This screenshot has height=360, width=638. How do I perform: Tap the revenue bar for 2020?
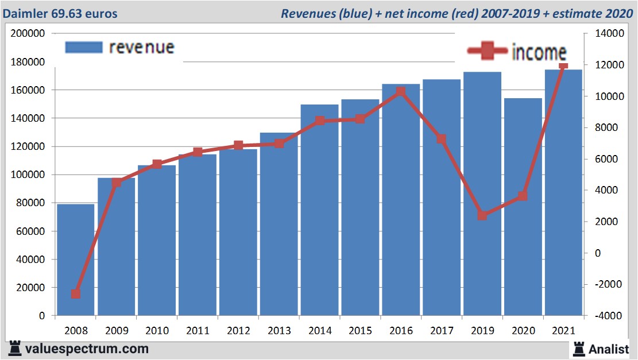click(523, 207)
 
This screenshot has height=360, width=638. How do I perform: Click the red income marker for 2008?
click(76, 294)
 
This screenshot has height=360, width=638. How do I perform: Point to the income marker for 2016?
click(401, 91)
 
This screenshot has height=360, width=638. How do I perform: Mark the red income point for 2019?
click(482, 215)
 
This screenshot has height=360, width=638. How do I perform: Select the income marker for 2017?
click(441, 139)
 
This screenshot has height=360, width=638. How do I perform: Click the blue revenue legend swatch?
click(84, 47)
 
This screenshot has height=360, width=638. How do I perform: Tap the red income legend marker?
click(488, 52)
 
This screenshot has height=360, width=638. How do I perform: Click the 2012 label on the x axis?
click(238, 331)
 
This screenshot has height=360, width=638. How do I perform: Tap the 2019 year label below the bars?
click(482, 331)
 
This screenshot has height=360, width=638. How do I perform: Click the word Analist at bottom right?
click(609, 349)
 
